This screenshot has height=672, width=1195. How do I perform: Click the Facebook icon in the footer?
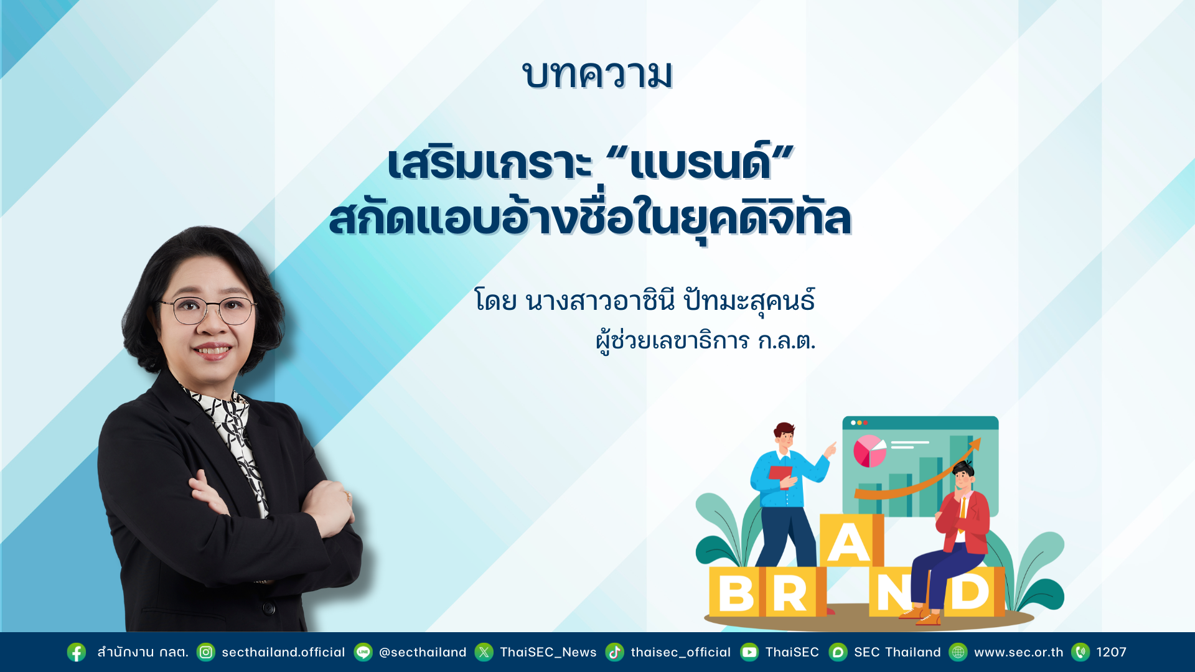(x=77, y=652)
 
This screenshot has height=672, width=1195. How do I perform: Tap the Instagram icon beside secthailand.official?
(x=206, y=652)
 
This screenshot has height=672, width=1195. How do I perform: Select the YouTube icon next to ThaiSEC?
(x=749, y=652)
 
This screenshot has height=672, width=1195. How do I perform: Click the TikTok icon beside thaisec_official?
(x=615, y=652)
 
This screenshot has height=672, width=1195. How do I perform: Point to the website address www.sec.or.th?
(x=1018, y=652)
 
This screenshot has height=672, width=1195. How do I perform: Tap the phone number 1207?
(x=1112, y=652)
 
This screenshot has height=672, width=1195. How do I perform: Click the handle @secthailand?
(x=423, y=652)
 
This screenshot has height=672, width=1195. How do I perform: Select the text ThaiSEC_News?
(x=548, y=652)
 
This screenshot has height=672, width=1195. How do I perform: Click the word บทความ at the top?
(x=597, y=75)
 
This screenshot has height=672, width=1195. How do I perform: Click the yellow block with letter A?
(x=851, y=540)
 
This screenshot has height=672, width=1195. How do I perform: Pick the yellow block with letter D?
(x=972, y=592)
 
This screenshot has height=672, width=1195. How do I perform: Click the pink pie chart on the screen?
(x=869, y=451)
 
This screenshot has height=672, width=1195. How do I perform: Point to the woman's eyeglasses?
(x=208, y=310)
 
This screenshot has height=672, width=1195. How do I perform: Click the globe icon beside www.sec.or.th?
(x=958, y=652)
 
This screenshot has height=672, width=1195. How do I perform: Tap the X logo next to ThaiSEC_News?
(x=484, y=652)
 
